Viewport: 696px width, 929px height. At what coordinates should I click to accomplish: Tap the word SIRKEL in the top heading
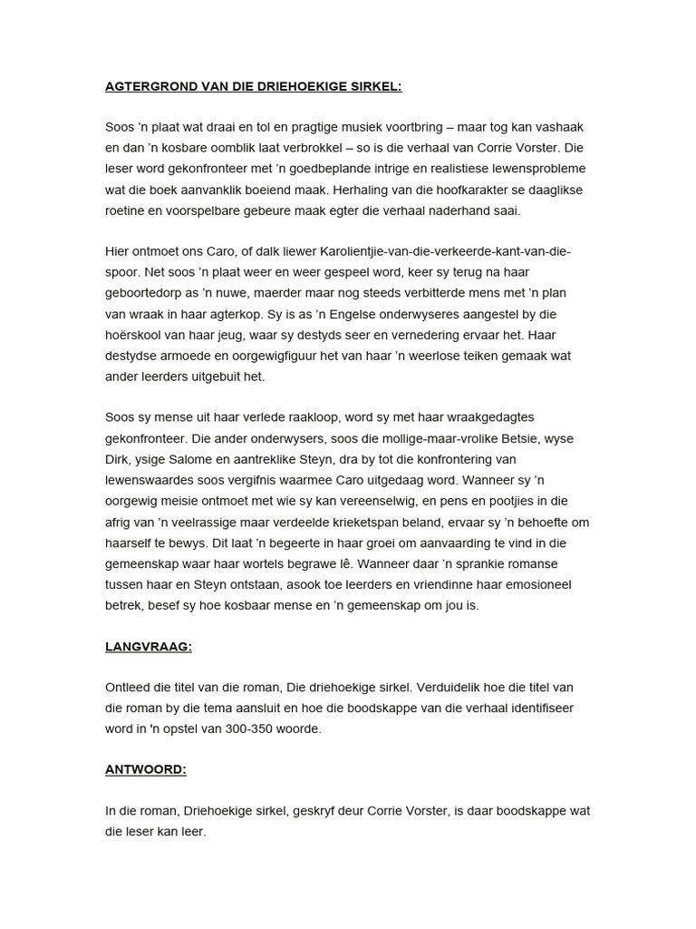376,86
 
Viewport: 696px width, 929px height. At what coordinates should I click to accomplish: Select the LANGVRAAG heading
148,647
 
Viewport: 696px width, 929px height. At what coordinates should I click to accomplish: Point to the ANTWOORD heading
145,769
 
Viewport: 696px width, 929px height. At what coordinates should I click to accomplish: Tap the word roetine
127,210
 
